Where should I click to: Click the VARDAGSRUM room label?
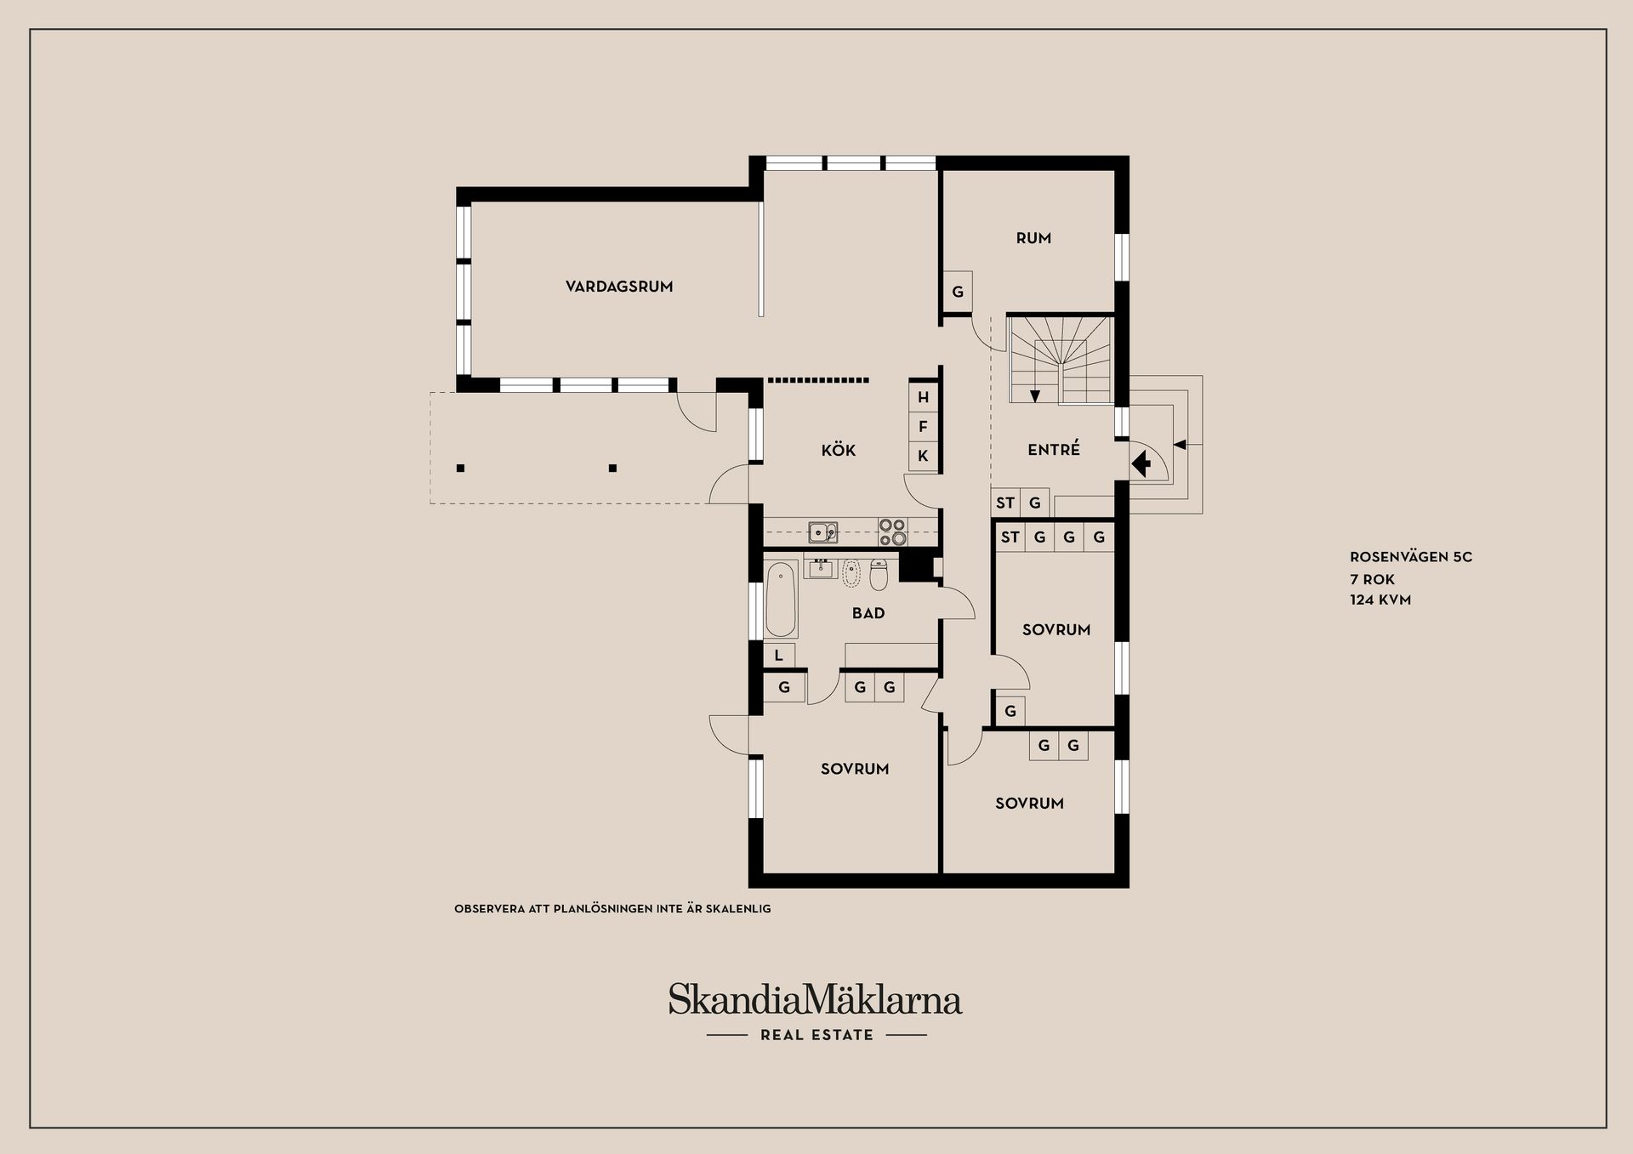[x=619, y=287]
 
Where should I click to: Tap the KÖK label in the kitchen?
[x=839, y=450]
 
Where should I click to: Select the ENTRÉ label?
[x=1054, y=449]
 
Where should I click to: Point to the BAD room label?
[x=868, y=613]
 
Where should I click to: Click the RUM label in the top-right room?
[x=1033, y=238]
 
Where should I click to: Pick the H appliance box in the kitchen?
[x=923, y=397]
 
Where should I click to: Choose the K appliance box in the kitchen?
[x=923, y=456]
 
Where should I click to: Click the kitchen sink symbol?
[x=822, y=532]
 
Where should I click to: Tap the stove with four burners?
[x=893, y=532]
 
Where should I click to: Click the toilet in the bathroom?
[x=879, y=576]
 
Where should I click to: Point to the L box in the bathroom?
[x=779, y=656]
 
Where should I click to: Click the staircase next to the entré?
[x=1060, y=359]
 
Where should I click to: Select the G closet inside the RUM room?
[x=958, y=292]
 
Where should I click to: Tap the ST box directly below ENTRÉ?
[x=1005, y=503]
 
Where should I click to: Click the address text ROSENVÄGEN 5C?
[x=1411, y=557]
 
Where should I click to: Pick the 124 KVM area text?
[x=1380, y=600]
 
